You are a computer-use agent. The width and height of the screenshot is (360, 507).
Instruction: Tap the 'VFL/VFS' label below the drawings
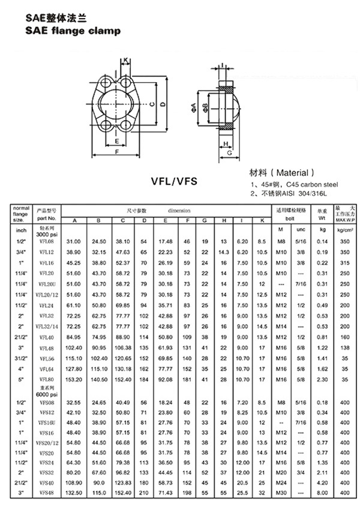[175, 179]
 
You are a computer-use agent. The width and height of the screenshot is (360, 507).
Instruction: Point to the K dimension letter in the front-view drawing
[127, 60]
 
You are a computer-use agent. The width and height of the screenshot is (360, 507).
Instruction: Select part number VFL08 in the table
[46, 241]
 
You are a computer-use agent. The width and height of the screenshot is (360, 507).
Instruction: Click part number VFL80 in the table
[46, 379]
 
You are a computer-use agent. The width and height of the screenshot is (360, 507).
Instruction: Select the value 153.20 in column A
[74, 379]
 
